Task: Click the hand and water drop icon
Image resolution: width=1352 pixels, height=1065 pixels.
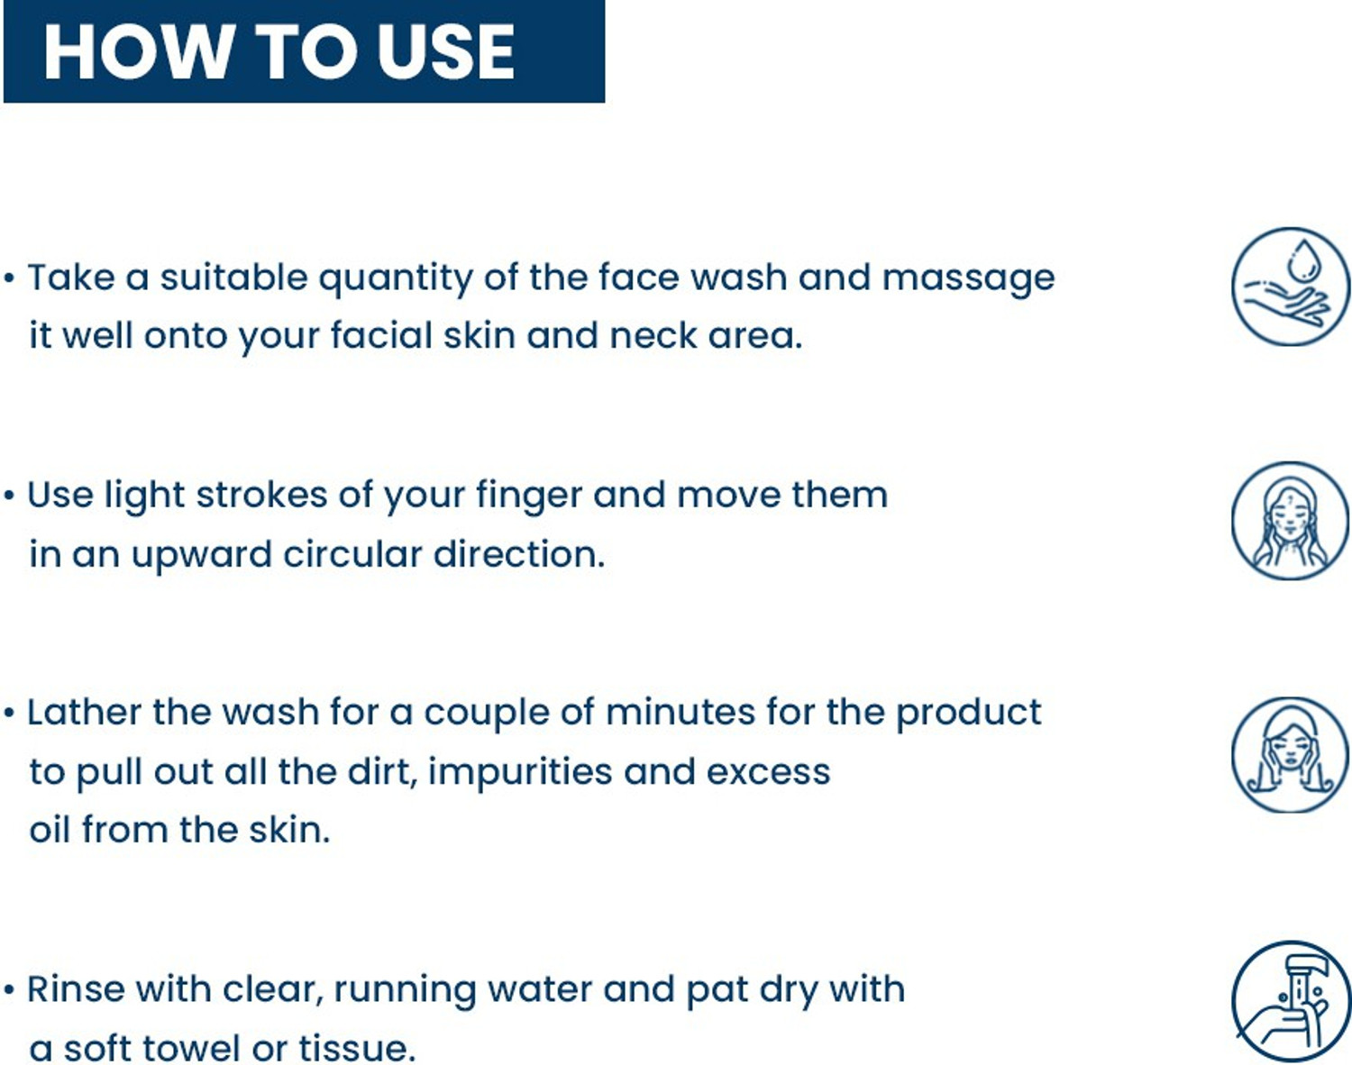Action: coord(1290,287)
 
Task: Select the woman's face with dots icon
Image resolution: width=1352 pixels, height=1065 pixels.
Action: coord(1290,520)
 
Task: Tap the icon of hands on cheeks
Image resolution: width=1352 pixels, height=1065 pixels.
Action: coord(1290,754)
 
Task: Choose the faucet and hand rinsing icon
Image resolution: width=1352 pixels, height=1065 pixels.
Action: coord(1290,1000)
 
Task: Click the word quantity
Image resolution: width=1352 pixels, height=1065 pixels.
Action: coord(395,279)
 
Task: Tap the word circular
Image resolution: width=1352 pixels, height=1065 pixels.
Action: coord(352,554)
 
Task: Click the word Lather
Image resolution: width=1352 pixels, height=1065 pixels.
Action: coord(84,713)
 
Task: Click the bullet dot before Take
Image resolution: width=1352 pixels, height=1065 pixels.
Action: coord(10,278)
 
